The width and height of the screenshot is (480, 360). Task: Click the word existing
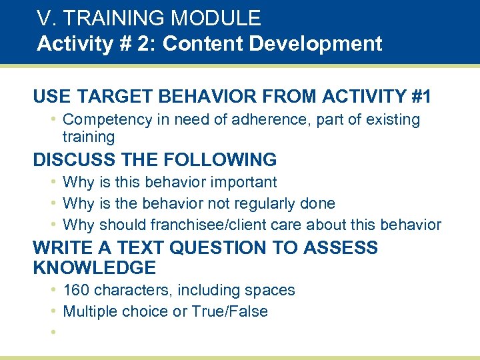(x=391, y=120)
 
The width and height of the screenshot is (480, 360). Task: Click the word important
(x=243, y=182)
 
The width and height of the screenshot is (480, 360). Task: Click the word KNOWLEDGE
(x=94, y=268)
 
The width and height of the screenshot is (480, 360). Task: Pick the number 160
(x=77, y=291)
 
